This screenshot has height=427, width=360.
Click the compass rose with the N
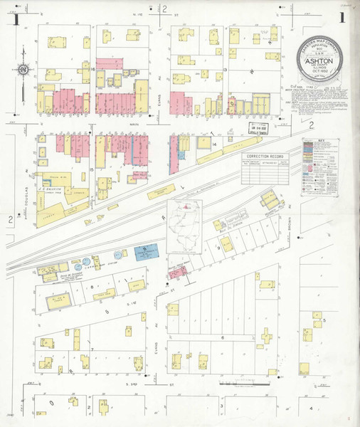[24, 70]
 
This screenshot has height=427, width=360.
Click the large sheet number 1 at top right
[343, 17]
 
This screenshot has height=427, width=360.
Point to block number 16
[94, 69]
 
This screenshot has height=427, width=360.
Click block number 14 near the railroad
[213, 144]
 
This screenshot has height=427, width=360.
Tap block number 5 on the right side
[324, 321]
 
